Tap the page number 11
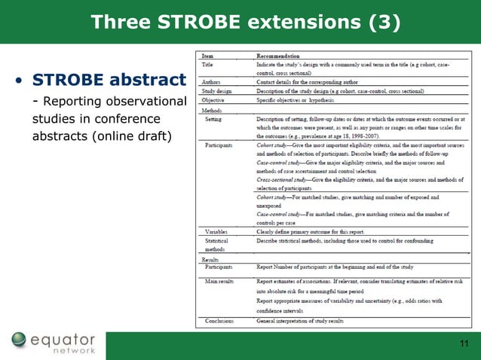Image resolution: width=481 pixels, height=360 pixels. [464, 344]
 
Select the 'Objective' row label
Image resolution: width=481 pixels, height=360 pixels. [214, 99]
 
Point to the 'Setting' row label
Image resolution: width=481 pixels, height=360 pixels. [216, 120]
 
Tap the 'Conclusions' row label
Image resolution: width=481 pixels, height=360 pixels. [219, 321]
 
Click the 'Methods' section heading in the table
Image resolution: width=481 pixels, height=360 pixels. [212, 109]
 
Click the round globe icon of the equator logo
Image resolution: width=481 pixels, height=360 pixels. [20, 342]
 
